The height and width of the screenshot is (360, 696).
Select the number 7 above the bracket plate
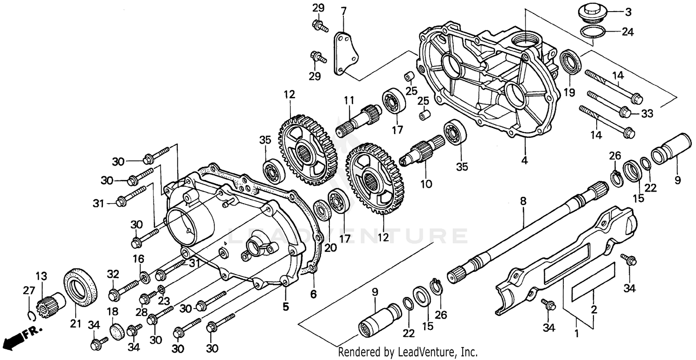point(343,11)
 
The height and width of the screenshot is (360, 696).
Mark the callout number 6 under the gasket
point(313,294)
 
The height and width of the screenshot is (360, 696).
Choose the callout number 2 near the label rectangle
point(594,310)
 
